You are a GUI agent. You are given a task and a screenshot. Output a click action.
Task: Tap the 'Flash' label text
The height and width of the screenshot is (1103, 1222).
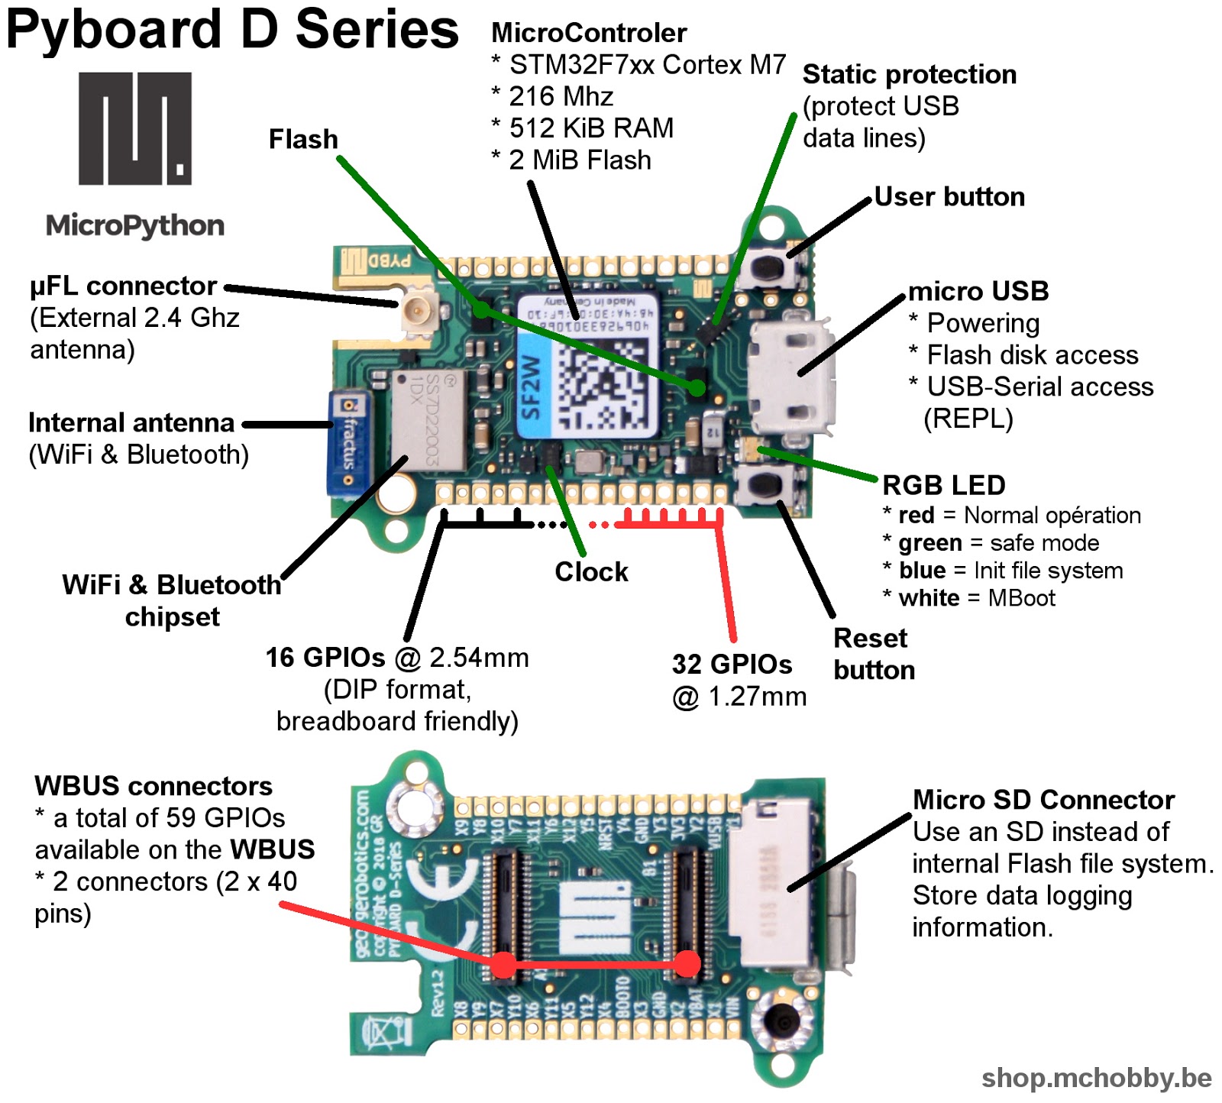[x=303, y=139]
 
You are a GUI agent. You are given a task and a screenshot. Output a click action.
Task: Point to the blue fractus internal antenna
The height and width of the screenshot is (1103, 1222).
[x=348, y=443]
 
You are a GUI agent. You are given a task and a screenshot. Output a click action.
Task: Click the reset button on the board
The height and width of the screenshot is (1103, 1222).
[x=764, y=484]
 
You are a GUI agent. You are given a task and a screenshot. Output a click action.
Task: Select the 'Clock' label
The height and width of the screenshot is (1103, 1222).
[x=591, y=571]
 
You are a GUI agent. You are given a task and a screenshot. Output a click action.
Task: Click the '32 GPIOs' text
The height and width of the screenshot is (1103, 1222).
[x=732, y=664]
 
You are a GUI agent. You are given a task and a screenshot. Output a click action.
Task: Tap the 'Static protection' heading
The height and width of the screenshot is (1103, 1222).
[x=909, y=74]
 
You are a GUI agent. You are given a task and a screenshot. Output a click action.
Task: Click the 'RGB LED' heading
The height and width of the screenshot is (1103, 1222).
[x=943, y=485]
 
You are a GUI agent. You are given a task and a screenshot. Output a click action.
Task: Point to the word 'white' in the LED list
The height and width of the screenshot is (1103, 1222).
[x=929, y=597]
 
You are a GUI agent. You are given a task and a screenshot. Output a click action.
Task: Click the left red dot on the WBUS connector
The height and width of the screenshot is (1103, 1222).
[x=503, y=965]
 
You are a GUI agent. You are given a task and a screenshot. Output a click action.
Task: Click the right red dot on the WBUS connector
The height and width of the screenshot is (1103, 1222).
[x=688, y=963]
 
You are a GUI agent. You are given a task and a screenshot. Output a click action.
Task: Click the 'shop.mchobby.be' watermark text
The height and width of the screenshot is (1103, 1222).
[x=1096, y=1077]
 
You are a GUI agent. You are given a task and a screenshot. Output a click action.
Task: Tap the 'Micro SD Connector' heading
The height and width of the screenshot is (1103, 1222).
[x=1043, y=800]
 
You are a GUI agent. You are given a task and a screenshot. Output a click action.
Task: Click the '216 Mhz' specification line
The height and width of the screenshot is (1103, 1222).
[x=561, y=96]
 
